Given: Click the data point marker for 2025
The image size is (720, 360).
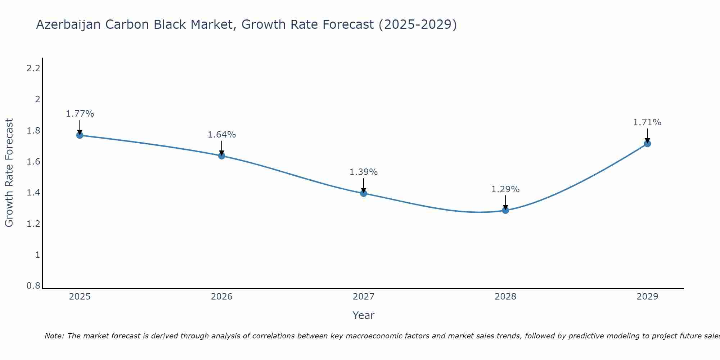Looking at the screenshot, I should pyautogui.click(x=80, y=135).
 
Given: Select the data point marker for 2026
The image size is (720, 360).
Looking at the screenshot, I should pyautogui.click(x=222, y=156).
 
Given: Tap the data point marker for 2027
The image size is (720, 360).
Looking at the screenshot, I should pyautogui.click(x=364, y=193).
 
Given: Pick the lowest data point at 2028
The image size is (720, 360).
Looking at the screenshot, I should pyautogui.click(x=505, y=210).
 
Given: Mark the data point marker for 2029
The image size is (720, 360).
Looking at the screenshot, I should pyautogui.click(x=647, y=144).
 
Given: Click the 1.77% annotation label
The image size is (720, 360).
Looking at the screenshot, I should pyautogui.click(x=80, y=114).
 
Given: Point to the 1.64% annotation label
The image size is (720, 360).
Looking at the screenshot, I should pyautogui.click(x=222, y=135).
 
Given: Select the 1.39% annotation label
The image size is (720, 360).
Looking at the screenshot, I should pyautogui.click(x=364, y=172).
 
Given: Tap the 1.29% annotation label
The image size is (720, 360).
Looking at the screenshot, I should pyautogui.click(x=505, y=189).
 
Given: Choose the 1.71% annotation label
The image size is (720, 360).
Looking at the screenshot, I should pyautogui.click(x=647, y=122).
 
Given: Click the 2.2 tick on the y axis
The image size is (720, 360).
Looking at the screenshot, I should pyautogui.click(x=33, y=68).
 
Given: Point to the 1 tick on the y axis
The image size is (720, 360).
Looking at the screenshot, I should pyautogui.click(x=37, y=255).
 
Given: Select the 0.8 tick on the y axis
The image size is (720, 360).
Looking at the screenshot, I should pyautogui.click(x=33, y=286).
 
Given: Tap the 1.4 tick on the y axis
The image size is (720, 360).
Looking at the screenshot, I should pyautogui.click(x=33, y=193).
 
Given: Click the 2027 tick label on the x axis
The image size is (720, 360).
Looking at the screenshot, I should pyautogui.click(x=364, y=297).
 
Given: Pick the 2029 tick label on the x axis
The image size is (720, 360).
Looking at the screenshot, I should pyautogui.click(x=647, y=297).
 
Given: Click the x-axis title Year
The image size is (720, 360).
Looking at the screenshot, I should pyautogui.click(x=364, y=315).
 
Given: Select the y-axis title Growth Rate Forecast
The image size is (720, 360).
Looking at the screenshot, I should pyautogui.click(x=9, y=173).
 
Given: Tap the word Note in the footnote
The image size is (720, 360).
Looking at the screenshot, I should pyautogui.click(x=54, y=336).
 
